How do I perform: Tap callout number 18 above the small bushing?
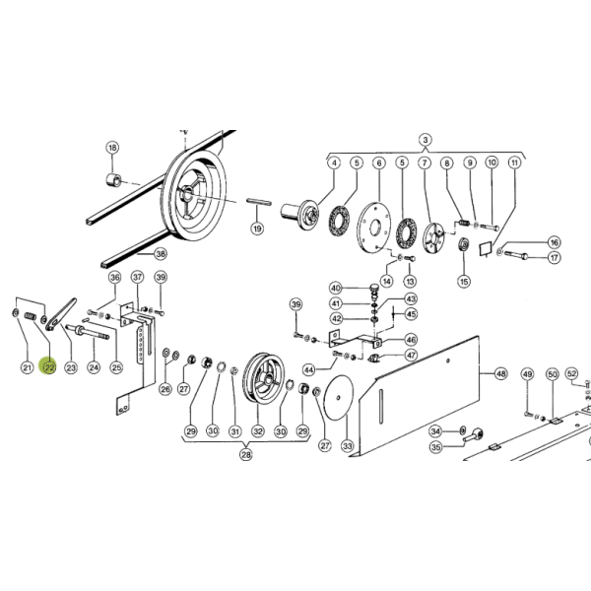[x=112, y=148]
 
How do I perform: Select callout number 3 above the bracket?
[x=426, y=140]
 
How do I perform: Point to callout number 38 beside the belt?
[x=161, y=254]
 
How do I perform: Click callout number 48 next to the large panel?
[x=500, y=373]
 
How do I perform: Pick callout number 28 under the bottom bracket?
[x=245, y=454]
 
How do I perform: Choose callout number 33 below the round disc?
[x=347, y=446]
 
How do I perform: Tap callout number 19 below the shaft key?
[x=257, y=229]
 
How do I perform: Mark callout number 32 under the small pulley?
[x=258, y=430]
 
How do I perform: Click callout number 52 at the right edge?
[x=571, y=373]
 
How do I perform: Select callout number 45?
[x=411, y=314]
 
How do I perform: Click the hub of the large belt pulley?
[x=186, y=193]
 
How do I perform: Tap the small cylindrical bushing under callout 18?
[x=113, y=180]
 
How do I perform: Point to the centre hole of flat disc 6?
[x=374, y=228]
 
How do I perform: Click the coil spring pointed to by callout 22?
[x=31, y=316]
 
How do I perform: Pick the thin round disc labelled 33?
[x=339, y=398]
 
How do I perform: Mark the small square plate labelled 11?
[x=486, y=249]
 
